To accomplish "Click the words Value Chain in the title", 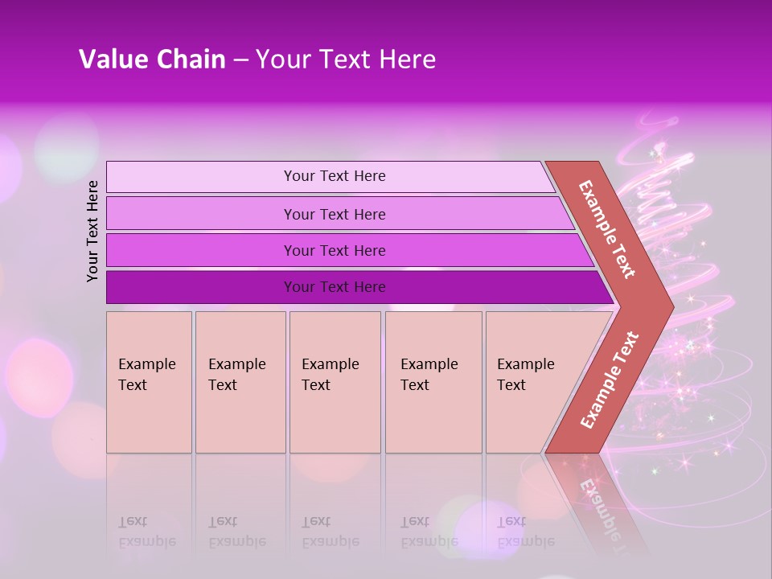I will tap(152, 60).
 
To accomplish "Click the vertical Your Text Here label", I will tap(93, 231).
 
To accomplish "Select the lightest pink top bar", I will tap(201, 177).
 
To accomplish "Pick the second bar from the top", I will tap(201, 214).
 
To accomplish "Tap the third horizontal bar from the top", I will tap(201, 250).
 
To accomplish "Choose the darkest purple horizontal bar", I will tap(201, 287).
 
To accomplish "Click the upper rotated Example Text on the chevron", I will tap(607, 229).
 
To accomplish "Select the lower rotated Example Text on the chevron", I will tap(610, 380).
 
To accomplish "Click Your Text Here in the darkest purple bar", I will tap(335, 287).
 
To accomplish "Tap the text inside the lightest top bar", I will tap(335, 176).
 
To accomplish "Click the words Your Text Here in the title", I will tap(346, 60).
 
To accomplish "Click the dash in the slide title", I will tap(240, 60).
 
